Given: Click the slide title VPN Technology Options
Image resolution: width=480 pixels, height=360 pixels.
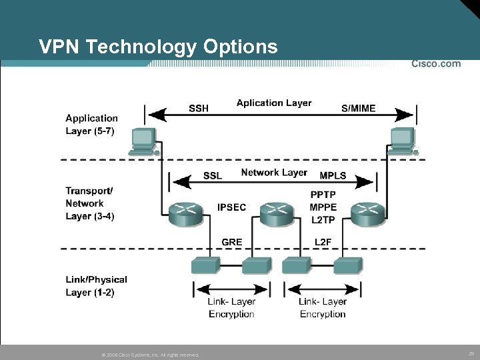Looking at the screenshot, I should (158, 47).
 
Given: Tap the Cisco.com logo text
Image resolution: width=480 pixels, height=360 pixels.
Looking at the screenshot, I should (436, 64).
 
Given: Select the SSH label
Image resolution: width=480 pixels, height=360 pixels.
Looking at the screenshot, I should (198, 108).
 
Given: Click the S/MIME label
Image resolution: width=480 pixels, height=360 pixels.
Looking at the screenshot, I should (358, 108).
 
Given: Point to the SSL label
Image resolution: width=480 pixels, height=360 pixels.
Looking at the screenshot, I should (212, 175).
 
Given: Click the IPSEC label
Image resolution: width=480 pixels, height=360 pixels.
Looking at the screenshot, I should (231, 207).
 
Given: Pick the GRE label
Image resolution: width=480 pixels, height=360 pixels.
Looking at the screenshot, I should (231, 241).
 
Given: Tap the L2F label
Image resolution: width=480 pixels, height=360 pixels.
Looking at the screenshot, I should (323, 241).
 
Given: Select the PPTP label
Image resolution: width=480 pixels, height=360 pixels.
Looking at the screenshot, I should (323, 195).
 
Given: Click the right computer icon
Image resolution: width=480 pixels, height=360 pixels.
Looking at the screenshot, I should (402, 141).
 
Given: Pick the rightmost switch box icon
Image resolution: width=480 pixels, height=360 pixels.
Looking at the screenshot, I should (348, 265).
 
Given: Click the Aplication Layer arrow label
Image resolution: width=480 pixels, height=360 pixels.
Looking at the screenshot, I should (274, 103).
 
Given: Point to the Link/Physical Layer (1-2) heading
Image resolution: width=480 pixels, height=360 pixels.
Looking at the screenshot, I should (96, 286).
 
